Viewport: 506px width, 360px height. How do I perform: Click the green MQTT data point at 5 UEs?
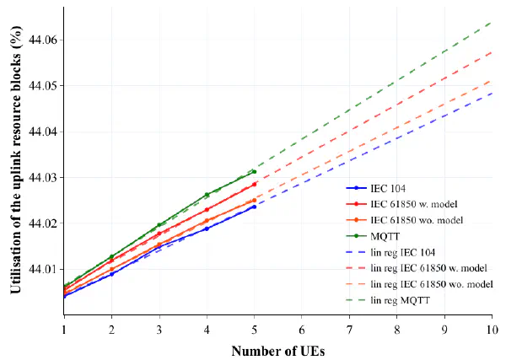(255, 172)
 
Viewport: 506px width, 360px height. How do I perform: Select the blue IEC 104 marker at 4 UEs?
(207, 228)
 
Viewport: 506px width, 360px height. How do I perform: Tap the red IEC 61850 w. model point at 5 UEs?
(255, 184)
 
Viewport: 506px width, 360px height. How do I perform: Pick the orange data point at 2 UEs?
(111, 269)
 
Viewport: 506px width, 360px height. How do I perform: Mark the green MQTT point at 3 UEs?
(159, 225)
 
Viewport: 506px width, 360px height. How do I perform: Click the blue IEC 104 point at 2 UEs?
(111, 274)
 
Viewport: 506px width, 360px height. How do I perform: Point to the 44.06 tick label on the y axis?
(43, 40)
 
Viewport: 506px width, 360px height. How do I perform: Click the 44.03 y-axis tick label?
(43, 178)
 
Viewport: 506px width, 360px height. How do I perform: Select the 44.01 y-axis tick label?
(43, 269)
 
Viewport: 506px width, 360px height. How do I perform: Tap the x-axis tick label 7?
(349, 330)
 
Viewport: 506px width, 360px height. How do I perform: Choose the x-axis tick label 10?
(493, 330)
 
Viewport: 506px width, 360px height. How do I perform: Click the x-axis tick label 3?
(159, 330)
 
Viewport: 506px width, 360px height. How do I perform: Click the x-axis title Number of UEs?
(277, 351)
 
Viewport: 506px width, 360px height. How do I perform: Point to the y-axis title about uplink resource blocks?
(16, 159)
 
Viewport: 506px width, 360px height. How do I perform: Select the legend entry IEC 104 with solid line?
(375, 188)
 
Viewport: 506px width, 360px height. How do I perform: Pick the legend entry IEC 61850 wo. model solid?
(404, 220)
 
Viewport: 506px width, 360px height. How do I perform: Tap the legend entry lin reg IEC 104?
(390, 252)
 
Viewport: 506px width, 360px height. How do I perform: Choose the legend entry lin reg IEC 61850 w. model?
(417, 268)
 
